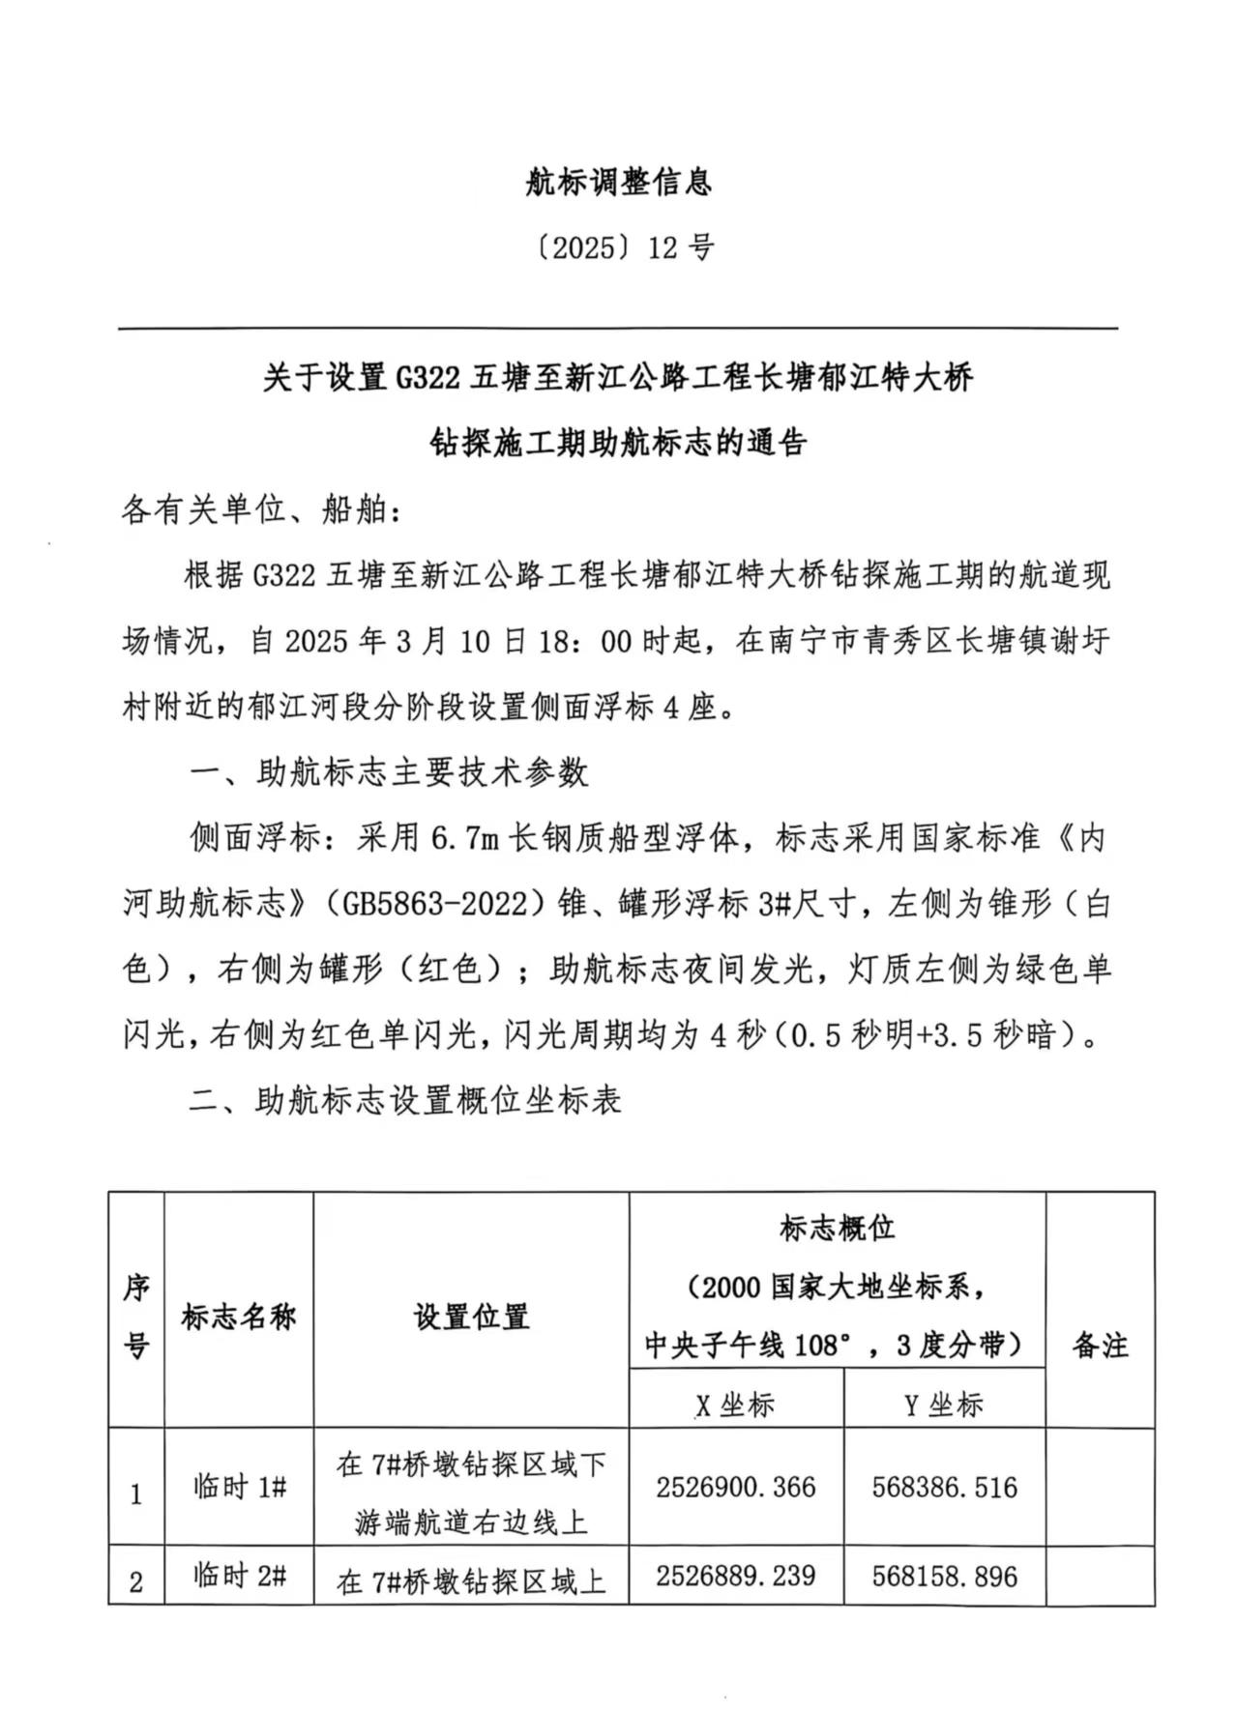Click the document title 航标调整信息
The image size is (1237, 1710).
[618, 183]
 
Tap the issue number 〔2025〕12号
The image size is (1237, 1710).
[618, 248]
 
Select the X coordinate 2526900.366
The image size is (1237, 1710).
[735, 1487]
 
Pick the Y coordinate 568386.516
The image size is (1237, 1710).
[944, 1487]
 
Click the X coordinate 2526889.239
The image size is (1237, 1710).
[735, 1576]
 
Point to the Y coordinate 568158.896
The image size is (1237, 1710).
[944, 1577]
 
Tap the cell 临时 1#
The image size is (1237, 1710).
[239, 1487]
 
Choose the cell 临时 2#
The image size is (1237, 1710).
[239, 1577]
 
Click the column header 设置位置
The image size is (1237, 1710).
[471, 1317]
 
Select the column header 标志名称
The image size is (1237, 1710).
[239, 1317]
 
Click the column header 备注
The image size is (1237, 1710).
[1100, 1345]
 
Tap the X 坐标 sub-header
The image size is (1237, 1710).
[735, 1405]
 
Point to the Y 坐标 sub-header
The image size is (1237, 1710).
[944, 1405]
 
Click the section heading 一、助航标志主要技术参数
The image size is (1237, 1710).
[388, 772]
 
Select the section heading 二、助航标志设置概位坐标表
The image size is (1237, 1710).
[404, 1101]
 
